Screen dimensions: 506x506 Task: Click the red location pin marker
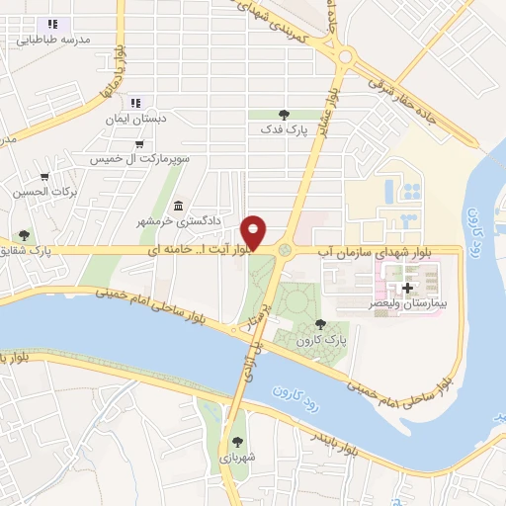(254, 231)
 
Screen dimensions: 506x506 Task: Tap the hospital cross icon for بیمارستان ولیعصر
(407, 288)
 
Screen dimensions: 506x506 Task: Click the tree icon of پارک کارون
(318, 323)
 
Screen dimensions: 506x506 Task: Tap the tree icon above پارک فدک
(285, 115)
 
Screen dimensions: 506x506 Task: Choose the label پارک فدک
(284, 129)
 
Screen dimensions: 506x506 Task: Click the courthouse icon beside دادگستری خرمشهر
(178, 205)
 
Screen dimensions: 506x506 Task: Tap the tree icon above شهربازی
(236, 442)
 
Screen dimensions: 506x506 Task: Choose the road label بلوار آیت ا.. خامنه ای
(196, 252)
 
